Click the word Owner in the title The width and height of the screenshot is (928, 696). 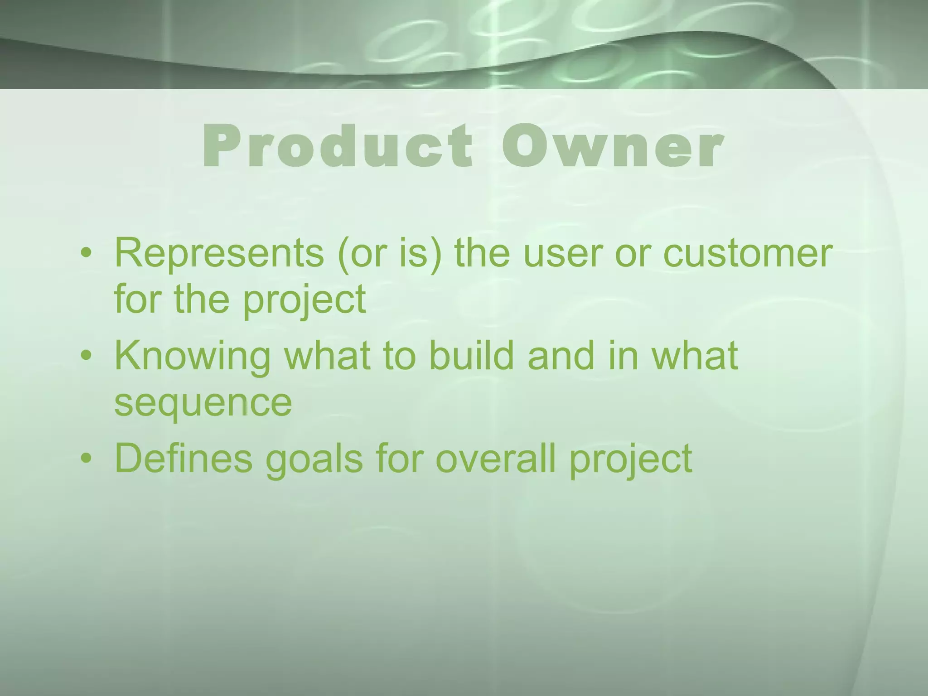pos(611,146)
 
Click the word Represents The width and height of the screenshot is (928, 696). pos(219,253)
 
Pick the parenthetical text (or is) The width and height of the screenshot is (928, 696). pos(389,253)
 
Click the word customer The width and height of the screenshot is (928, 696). pos(748,253)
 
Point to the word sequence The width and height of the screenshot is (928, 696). pos(203,403)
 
